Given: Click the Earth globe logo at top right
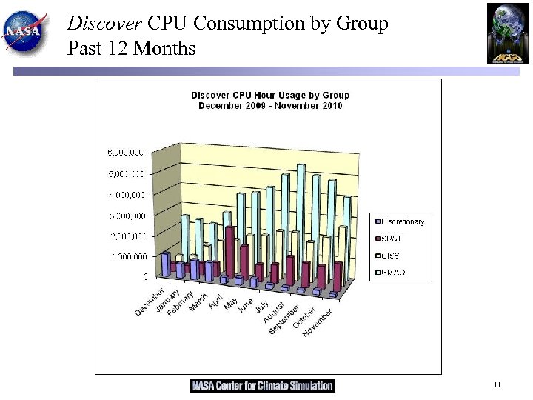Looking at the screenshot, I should (x=508, y=33).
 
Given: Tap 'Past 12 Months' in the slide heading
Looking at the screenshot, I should (x=131, y=49).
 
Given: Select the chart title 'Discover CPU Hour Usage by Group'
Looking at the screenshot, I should (x=270, y=95).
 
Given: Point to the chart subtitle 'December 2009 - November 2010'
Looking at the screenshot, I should (x=270, y=106).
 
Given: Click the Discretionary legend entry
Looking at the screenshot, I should (x=400, y=221).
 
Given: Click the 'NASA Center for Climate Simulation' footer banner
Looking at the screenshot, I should (x=263, y=386).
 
